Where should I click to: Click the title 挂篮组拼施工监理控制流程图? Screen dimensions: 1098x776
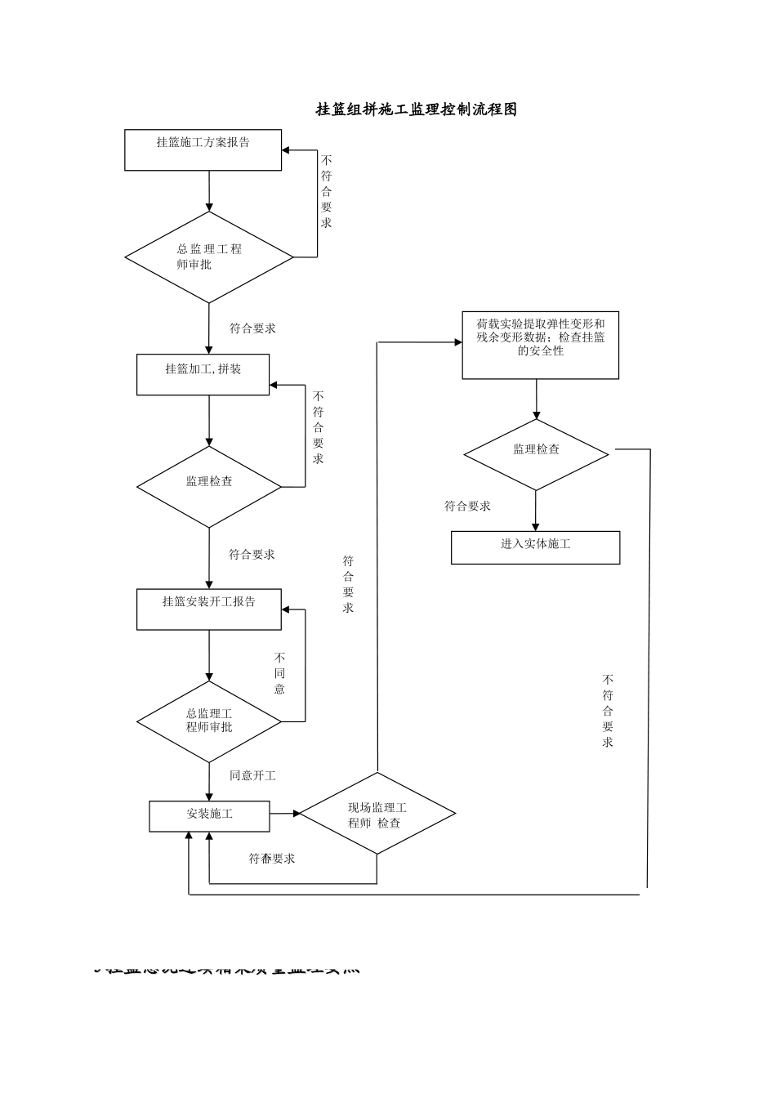pyautogui.click(x=417, y=109)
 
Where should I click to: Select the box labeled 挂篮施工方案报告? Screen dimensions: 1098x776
pyautogui.click(x=203, y=150)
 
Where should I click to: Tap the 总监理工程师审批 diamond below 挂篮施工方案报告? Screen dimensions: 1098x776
pyautogui.click(x=209, y=257)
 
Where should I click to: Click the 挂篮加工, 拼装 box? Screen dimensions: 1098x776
pyautogui.click(x=203, y=375)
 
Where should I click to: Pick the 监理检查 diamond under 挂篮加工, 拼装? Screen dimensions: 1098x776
pyautogui.click(x=209, y=487)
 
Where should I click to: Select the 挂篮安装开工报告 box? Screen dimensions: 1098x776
pyautogui.click(x=209, y=609)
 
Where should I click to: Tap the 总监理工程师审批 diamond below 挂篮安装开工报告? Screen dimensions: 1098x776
pyautogui.click(x=209, y=721)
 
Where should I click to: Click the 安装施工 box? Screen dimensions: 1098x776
pyautogui.click(x=209, y=815)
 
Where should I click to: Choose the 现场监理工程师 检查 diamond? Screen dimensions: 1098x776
pyautogui.click(x=377, y=814)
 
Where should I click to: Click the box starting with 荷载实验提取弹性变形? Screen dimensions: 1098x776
pyautogui.click(x=540, y=345)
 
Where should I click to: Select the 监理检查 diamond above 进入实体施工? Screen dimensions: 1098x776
pyautogui.click(x=536, y=454)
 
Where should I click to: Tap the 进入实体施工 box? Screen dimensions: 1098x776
pyautogui.click(x=535, y=547)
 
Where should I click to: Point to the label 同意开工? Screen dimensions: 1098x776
pyautogui.click(x=252, y=775)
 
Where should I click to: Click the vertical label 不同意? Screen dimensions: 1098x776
pyautogui.click(x=279, y=673)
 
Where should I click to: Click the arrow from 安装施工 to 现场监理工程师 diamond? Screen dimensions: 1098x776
pyautogui.click(x=284, y=814)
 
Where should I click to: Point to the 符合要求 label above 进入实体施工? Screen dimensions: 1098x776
pyautogui.click(x=467, y=507)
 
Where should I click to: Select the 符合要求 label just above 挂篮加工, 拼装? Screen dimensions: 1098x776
pyautogui.click(x=252, y=328)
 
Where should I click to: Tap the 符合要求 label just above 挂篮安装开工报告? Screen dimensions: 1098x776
pyautogui.click(x=252, y=555)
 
